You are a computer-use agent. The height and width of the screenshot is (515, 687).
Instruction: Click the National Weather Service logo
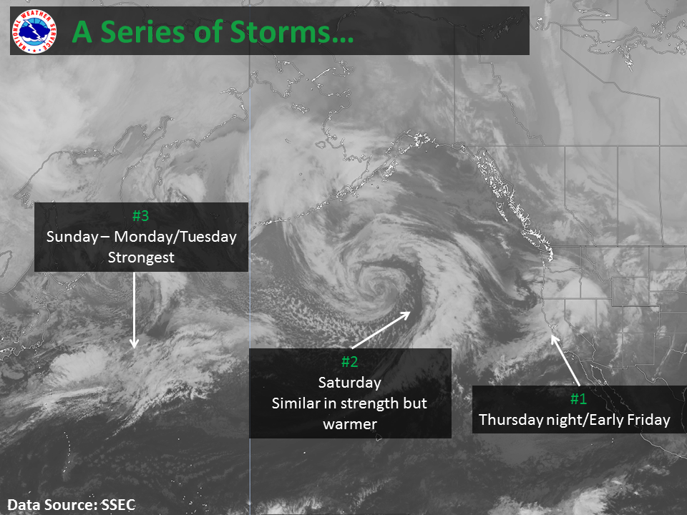click(x=34, y=31)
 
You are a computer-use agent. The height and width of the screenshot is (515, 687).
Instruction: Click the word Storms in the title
click(x=291, y=32)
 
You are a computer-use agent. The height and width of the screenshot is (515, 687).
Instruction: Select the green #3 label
click(x=141, y=215)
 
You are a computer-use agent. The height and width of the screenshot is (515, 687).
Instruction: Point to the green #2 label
click(x=350, y=361)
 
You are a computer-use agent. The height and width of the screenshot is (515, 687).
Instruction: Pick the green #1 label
click(x=578, y=398)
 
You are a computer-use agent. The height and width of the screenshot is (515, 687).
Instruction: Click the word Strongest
click(x=141, y=257)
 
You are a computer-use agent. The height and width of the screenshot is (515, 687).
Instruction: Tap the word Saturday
click(x=350, y=382)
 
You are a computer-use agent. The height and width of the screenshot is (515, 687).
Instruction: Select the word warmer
click(x=350, y=424)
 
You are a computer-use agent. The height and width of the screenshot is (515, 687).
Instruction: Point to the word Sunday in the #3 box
click(x=72, y=237)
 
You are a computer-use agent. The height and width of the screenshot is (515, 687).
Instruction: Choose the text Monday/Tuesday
click(x=175, y=237)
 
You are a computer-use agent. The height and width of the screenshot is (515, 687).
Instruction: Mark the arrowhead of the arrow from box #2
click(x=406, y=315)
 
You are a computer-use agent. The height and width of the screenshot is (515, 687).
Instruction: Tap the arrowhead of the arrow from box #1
click(x=554, y=339)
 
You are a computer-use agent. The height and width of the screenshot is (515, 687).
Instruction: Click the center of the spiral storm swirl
click(x=378, y=285)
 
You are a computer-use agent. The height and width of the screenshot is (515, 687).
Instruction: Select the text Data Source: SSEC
click(x=72, y=504)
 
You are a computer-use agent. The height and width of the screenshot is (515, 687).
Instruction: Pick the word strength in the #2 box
click(x=369, y=403)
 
